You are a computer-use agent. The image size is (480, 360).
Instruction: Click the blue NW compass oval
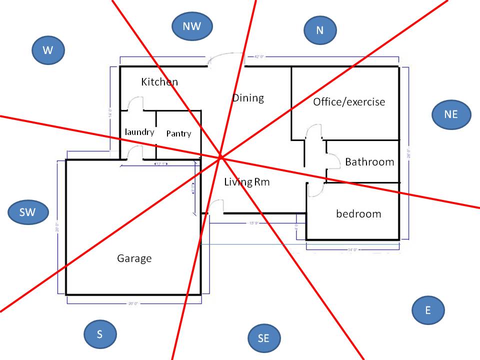[192, 26]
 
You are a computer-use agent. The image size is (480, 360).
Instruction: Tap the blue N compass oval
[320, 30]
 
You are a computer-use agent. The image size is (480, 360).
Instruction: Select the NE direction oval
[450, 114]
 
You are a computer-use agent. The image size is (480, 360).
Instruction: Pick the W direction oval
[48, 50]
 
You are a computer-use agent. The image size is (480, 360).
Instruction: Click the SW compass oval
[28, 212]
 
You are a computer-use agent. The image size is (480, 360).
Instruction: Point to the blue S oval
[100, 334]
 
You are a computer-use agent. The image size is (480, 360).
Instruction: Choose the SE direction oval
[264, 338]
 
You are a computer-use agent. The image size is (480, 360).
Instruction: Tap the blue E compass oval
[428, 310]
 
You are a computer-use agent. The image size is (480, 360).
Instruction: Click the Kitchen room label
[159, 81]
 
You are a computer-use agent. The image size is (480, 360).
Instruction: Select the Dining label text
[248, 97]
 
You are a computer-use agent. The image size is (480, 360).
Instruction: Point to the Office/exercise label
[349, 102]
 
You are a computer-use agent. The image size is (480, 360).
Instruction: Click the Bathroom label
[369, 162]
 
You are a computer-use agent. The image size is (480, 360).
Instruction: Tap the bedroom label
[358, 214]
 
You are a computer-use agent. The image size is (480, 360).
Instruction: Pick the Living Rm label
[246, 182]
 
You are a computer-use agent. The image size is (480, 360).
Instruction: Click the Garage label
[134, 258]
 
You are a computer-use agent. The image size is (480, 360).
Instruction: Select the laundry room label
[139, 132]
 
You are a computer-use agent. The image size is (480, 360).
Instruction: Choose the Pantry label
[178, 133]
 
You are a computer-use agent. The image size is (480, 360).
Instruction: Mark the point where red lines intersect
[220, 158]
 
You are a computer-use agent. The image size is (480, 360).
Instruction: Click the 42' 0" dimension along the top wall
[258, 57]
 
